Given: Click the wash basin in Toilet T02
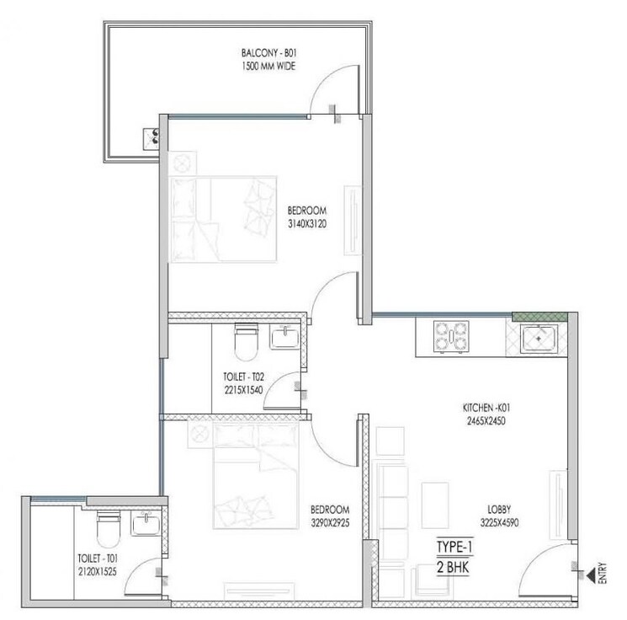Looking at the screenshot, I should [x=284, y=339].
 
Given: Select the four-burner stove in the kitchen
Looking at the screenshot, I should [x=450, y=337].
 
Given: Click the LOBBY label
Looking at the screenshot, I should [x=502, y=510].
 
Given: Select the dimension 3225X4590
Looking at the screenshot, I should [x=502, y=522].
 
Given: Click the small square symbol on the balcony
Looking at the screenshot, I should [x=154, y=136].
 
